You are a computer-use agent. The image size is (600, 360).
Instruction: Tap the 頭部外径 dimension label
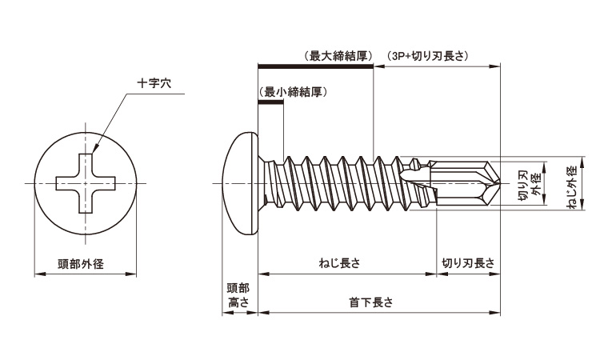pos(83,263)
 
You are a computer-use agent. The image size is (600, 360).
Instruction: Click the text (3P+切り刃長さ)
pos(427,56)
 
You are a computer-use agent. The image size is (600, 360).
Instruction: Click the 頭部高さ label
pos(238,294)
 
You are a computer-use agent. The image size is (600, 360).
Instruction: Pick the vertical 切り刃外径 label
pos(530,188)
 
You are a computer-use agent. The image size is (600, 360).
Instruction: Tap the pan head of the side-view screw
pos(242,185)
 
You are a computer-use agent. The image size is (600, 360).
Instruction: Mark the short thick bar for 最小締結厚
pos(270,102)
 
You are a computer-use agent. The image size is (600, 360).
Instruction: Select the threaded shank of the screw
pos(336,185)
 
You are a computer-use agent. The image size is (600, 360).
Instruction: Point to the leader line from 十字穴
pos(112,120)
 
